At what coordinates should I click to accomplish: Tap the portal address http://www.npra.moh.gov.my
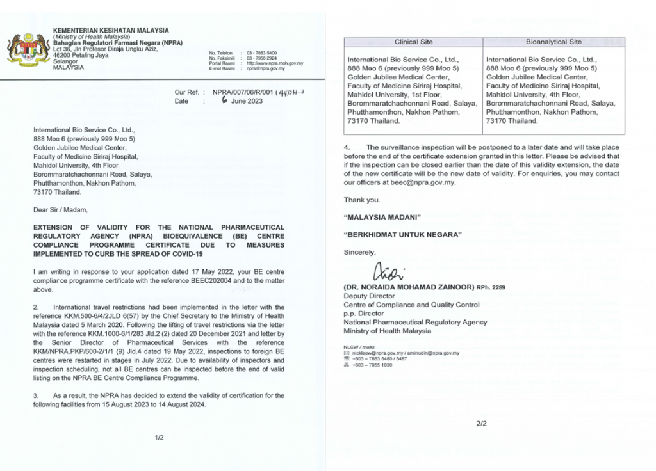275,63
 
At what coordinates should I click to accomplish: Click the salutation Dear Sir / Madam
59,209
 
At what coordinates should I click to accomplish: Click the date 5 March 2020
76,324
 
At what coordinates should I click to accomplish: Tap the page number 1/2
160,438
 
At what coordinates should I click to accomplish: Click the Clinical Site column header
414,42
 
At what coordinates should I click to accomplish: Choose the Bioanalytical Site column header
553,42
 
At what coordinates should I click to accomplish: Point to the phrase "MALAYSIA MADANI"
378,217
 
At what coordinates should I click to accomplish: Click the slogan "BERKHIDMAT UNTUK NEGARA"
403,234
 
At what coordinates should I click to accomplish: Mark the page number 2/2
482,424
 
